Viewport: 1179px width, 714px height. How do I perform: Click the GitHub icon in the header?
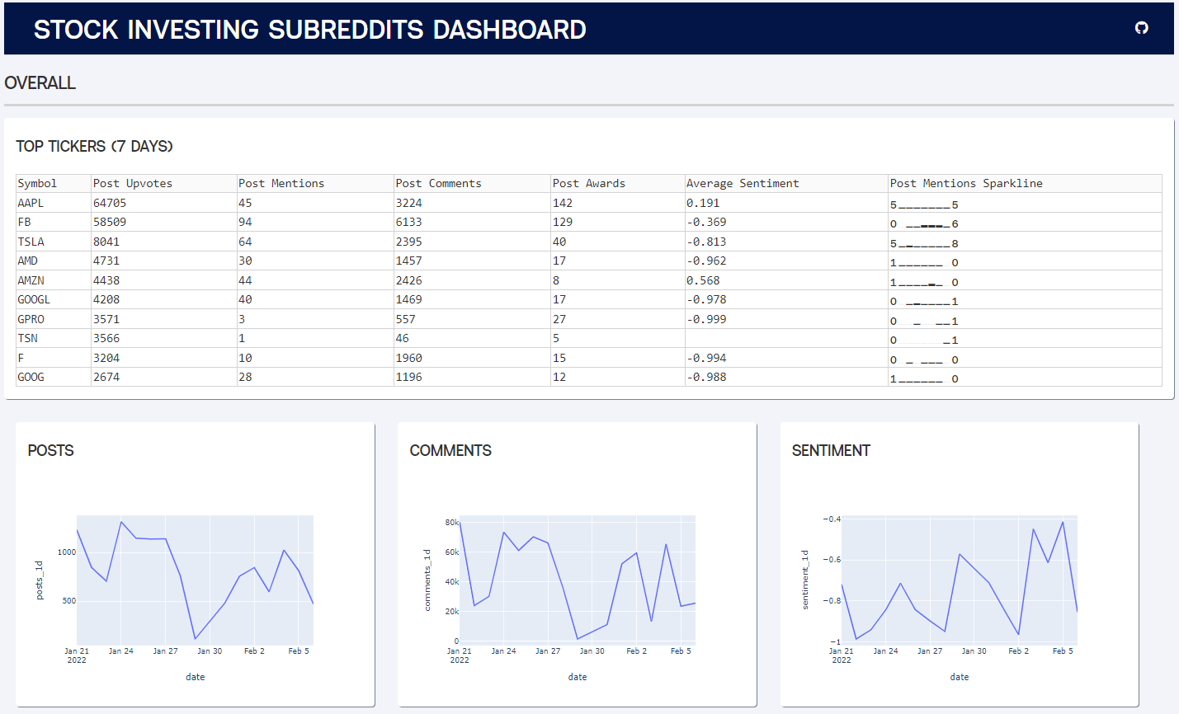1142,28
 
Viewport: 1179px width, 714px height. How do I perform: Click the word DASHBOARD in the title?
509,30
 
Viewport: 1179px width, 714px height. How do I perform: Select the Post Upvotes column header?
133,183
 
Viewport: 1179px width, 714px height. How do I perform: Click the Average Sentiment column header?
743,183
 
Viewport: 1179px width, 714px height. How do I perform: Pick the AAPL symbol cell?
31,203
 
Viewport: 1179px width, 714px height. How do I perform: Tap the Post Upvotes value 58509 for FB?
110,222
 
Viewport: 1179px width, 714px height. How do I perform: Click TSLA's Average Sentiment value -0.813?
706,242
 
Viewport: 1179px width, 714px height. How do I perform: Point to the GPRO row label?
31,319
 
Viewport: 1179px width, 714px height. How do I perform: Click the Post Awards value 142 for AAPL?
563,203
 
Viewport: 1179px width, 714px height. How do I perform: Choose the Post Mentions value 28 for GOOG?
245,377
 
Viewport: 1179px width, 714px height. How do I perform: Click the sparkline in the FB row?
924,224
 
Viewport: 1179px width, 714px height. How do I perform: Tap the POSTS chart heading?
50,450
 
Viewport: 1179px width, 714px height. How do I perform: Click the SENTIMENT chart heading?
831,450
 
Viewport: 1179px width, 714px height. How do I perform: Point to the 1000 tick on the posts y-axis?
67,552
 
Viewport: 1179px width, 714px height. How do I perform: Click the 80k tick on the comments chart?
451,523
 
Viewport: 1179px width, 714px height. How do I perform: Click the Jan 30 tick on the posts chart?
210,651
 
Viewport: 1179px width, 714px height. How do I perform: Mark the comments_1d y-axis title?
427,580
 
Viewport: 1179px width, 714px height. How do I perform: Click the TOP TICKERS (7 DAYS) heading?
94,146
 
